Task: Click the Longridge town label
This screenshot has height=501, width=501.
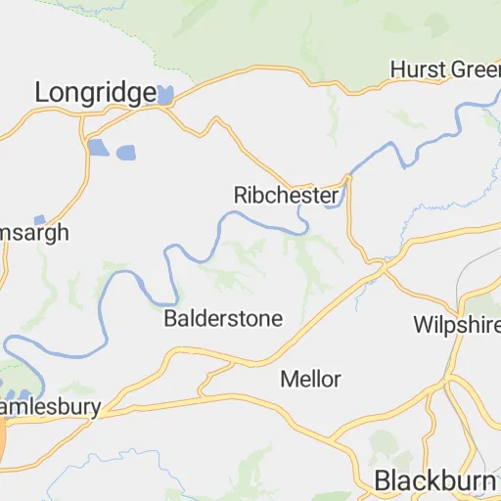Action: [95, 93]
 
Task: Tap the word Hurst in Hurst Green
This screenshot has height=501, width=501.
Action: [411, 69]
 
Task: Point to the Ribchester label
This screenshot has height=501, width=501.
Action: [287, 195]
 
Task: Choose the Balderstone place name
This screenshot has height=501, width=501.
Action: [223, 319]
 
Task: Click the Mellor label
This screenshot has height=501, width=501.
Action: [310, 379]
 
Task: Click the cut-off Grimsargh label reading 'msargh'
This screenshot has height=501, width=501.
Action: [34, 234]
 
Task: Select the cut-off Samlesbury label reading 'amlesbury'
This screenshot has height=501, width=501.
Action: [49, 405]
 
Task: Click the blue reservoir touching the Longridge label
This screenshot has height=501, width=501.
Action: [165, 95]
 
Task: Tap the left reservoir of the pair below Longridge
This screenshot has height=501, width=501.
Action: [98, 148]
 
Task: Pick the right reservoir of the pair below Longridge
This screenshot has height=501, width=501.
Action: [125, 153]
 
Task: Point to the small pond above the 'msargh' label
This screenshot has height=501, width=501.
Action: [39, 220]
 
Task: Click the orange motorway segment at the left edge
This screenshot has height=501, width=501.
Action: [3, 437]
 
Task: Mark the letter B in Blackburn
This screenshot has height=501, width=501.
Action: [384, 480]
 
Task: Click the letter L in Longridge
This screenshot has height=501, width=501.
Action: [42, 93]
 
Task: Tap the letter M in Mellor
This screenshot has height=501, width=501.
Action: [288, 379]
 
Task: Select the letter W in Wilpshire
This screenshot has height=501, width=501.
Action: [423, 324]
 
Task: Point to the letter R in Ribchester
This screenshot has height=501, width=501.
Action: [241, 195]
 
